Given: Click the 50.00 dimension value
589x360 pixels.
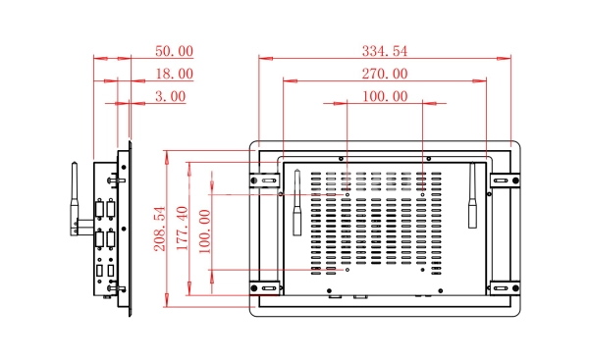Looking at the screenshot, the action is [x=175, y=51].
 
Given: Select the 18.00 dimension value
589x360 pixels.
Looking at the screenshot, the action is [x=175, y=74].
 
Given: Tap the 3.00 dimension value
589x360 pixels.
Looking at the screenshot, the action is [x=171, y=96].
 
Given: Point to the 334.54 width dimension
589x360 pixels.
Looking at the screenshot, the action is [x=384, y=51].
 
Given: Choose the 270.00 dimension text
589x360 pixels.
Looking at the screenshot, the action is [x=385, y=74].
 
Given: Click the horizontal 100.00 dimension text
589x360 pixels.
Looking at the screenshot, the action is [x=385, y=96].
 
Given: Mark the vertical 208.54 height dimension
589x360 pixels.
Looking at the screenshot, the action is [x=160, y=229].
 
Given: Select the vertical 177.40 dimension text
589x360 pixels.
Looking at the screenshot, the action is [x=183, y=229].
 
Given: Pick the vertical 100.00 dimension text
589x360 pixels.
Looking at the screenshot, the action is [x=205, y=231].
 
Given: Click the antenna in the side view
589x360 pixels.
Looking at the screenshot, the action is [x=75, y=199].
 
